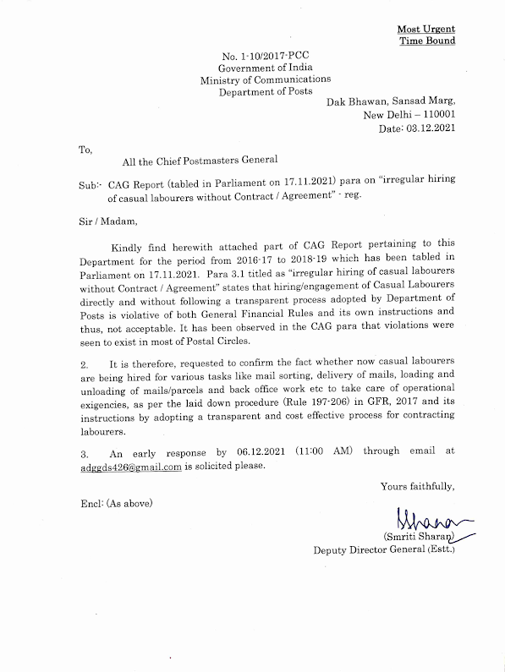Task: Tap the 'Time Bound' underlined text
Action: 426,40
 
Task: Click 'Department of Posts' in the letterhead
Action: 265,91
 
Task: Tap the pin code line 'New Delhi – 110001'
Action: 409,114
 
